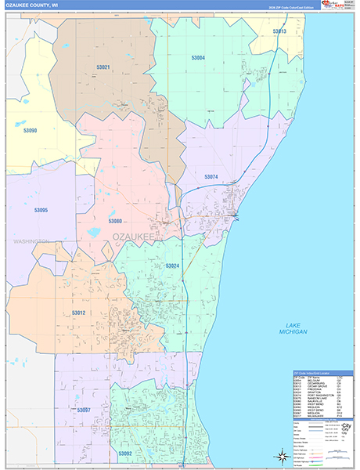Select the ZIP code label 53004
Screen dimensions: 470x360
pyautogui.click(x=198, y=58)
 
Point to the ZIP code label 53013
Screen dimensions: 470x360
pyautogui.click(x=279, y=31)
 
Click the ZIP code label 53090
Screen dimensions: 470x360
pyautogui.click(x=31, y=131)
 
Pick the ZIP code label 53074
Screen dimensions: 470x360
pyautogui.click(x=211, y=177)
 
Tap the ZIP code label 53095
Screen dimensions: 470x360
pyautogui.click(x=41, y=210)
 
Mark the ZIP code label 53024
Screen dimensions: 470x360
pyautogui.click(x=172, y=266)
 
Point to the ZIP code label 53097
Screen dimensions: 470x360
pyautogui.click(x=84, y=410)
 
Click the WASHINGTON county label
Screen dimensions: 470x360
pyautogui.click(x=31, y=241)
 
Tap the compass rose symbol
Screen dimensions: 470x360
pyautogui.click(x=281, y=455)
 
